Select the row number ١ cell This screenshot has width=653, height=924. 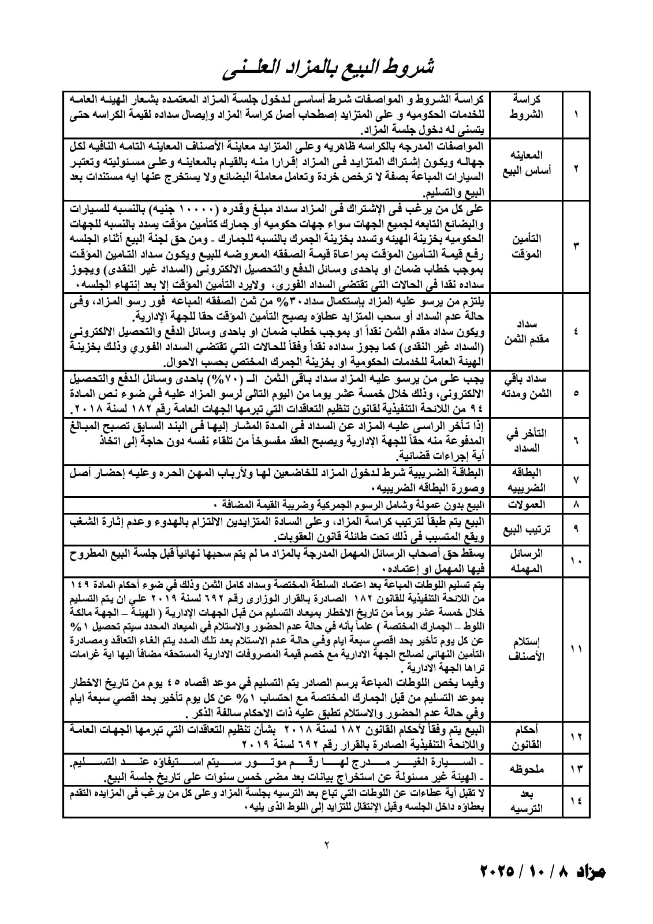pyautogui.click(x=576, y=114)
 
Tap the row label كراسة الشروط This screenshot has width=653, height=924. pyautogui.click(x=527, y=107)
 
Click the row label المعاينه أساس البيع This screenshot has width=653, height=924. pyautogui.click(x=527, y=163)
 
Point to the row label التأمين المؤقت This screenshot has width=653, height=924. pyautogui.click(x=527, y=246)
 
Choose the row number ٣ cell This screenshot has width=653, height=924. pyautogui.click(x=576, y=246)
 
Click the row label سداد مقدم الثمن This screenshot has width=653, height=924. pyautogui.click(x=527, y=331)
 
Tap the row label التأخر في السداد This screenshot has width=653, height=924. pyautogui.click(x=527, y=440)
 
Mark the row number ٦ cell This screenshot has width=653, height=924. pyautogui.click(x=576, y=440)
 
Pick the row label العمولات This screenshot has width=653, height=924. pyautogui.click(x=527, y=505)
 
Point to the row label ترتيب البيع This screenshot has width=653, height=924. pyautogui.click(x=527, y=528)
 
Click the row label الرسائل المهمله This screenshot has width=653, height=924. pyautogui.click(x=527, y=560)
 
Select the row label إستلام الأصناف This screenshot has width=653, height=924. pyautogui.click(x=527, y=649)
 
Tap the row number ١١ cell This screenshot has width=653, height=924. pyautogui.click(x=576, y=649)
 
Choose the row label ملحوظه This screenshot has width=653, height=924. pyautogui.click(x=527, y=769)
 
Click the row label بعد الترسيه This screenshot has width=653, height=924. pyautogui.click(x=527, y=801)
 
